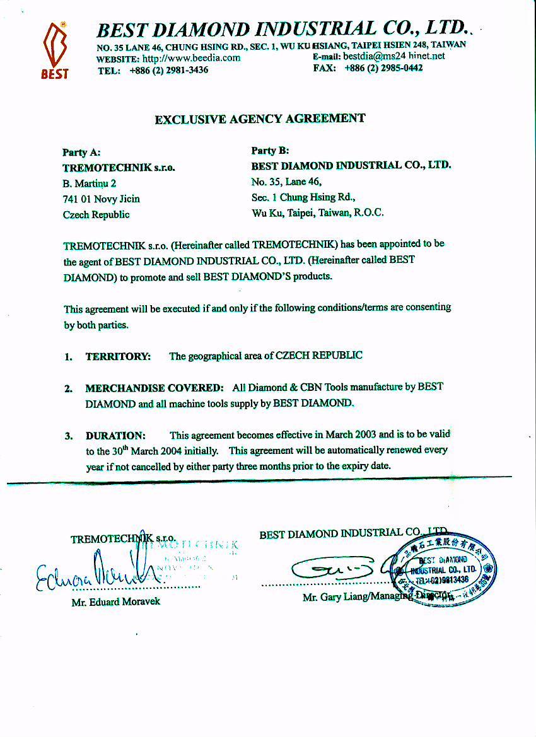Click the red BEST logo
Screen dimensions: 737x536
pyautogui.click(x=55, y=50)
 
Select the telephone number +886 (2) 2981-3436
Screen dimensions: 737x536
pyautogui.click(x=168, y=70)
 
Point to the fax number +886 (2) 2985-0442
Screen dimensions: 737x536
pyautogui.click(x=383, y=68)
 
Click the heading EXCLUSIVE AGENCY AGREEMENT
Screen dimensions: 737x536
pyautogui.click(x=260, y=119)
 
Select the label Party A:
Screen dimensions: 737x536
pyautogui.click(x=81, y=153)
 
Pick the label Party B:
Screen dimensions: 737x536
pyautogui.click(x=270, y=151)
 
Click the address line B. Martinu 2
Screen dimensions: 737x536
pyautogui.click(x=90, y=183)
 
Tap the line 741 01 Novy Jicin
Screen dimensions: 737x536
pyautogui.click(x=102, y=199)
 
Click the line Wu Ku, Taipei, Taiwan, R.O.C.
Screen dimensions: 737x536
pyautogui.click(x=317, y=213)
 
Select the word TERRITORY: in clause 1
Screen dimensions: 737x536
pyautogui.click(x=118, y=356)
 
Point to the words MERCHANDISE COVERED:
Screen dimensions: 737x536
pyautogui.click(x=154, y=388)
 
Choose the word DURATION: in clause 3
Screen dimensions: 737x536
pyautogui.click(x=115, y=436)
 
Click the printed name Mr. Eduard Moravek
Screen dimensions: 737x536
pyautogui.click(x=115, y=601)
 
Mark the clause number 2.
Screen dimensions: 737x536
pyautogui.click(x=67, y=389)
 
